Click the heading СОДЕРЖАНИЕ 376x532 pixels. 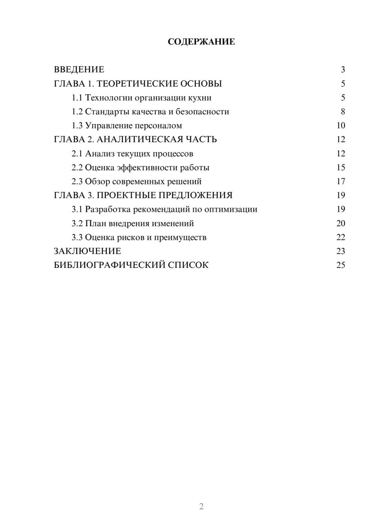click(x=201, y=42)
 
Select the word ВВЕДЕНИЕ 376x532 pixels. click(x=79, y=70)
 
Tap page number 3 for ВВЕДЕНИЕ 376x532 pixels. click(x=343, y=70)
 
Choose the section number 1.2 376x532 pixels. click(x=77, y=112)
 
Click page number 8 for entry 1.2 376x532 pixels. click(x=343, y=112)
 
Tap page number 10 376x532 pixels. click(x=341, y=126)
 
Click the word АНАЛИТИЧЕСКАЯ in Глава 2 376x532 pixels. click(x=138, y=140)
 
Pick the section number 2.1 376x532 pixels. click(x=77, y=154)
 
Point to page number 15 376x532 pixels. click(x=341, y=167)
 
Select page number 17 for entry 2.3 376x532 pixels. click(x=341, y=181)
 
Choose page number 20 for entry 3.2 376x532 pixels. click(x=341, y=223)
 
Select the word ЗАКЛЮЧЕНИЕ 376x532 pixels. click(x=88, y=251)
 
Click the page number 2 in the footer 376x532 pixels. click(x=201, y=506)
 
